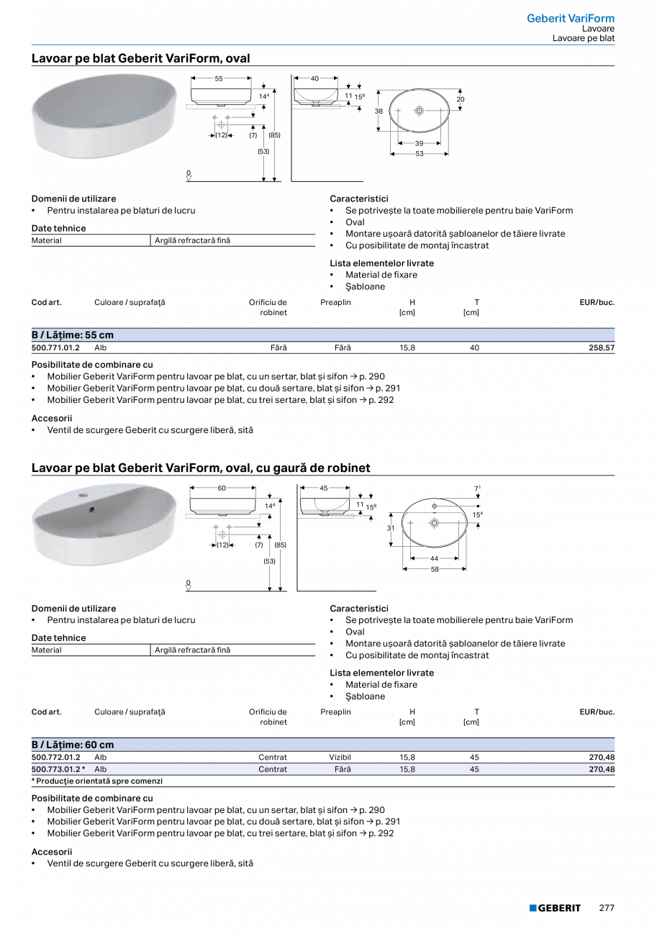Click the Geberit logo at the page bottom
coord(555,908)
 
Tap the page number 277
coord(607,908)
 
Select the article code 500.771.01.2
coord(55,347)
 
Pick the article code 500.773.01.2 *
coord(58,769)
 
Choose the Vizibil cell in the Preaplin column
coord(340,758)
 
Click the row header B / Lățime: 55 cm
coord(73,335)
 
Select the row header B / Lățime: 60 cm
coord(73,745)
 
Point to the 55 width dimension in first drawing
coord(219,78)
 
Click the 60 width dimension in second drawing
coord(222,488)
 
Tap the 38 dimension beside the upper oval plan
coord(378,112)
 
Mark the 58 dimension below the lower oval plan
coord(435,569)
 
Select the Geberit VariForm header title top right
coord(571,18)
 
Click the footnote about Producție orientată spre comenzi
coord(97,781)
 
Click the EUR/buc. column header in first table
coord(597,302)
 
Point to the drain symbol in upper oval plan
coord(420,111)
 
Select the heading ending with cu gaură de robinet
coord(201,468)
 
